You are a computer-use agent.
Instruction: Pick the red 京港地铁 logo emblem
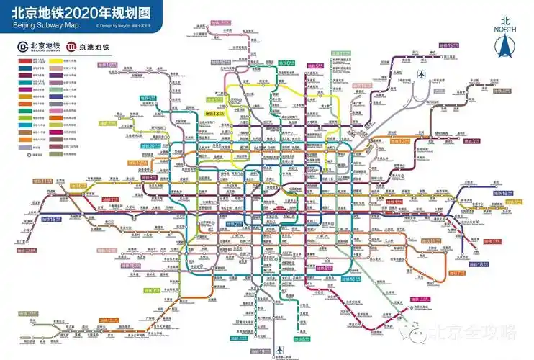click(72, 48)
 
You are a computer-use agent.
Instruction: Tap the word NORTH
click(507, 30)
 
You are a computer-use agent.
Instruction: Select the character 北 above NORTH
click(507, 21)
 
